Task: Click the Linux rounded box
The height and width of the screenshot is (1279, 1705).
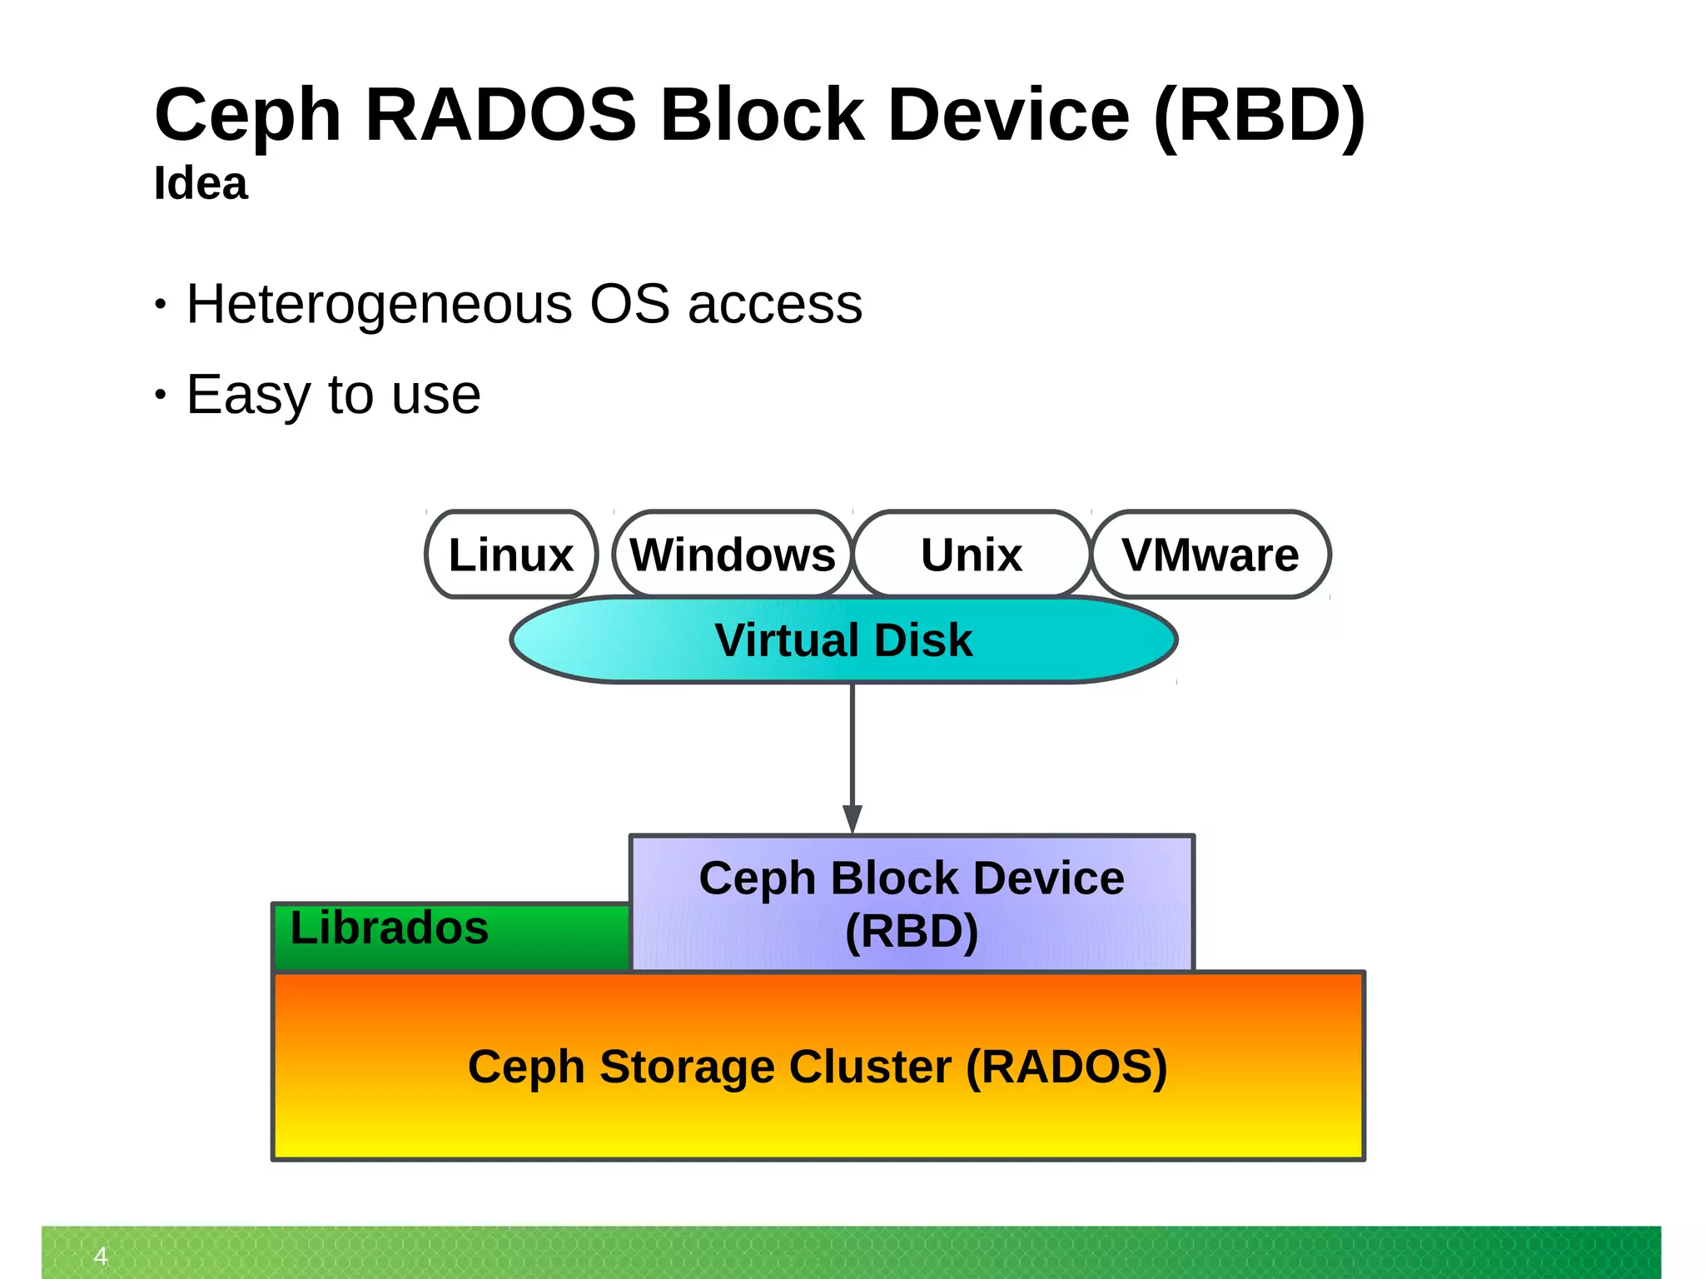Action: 511,555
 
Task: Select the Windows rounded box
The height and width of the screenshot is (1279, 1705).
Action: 733,555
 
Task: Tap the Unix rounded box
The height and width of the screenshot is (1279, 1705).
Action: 972,555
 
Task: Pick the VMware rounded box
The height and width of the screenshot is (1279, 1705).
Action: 1210,555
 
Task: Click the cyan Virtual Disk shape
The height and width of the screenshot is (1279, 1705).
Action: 843,640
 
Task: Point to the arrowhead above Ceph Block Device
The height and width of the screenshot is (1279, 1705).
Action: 852,819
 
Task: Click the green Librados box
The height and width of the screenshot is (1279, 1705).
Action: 450,938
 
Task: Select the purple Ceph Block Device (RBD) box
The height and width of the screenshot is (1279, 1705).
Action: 912,903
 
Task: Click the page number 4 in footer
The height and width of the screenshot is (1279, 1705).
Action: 101,1256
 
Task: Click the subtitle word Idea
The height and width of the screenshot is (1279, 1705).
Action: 201,183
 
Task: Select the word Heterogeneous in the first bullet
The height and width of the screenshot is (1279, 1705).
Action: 379,305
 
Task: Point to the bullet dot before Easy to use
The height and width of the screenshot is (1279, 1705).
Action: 161,395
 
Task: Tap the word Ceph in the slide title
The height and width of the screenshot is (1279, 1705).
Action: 247,117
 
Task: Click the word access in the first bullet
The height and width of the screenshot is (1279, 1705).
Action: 774,305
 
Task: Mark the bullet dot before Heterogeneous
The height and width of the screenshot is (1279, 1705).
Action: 161,305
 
